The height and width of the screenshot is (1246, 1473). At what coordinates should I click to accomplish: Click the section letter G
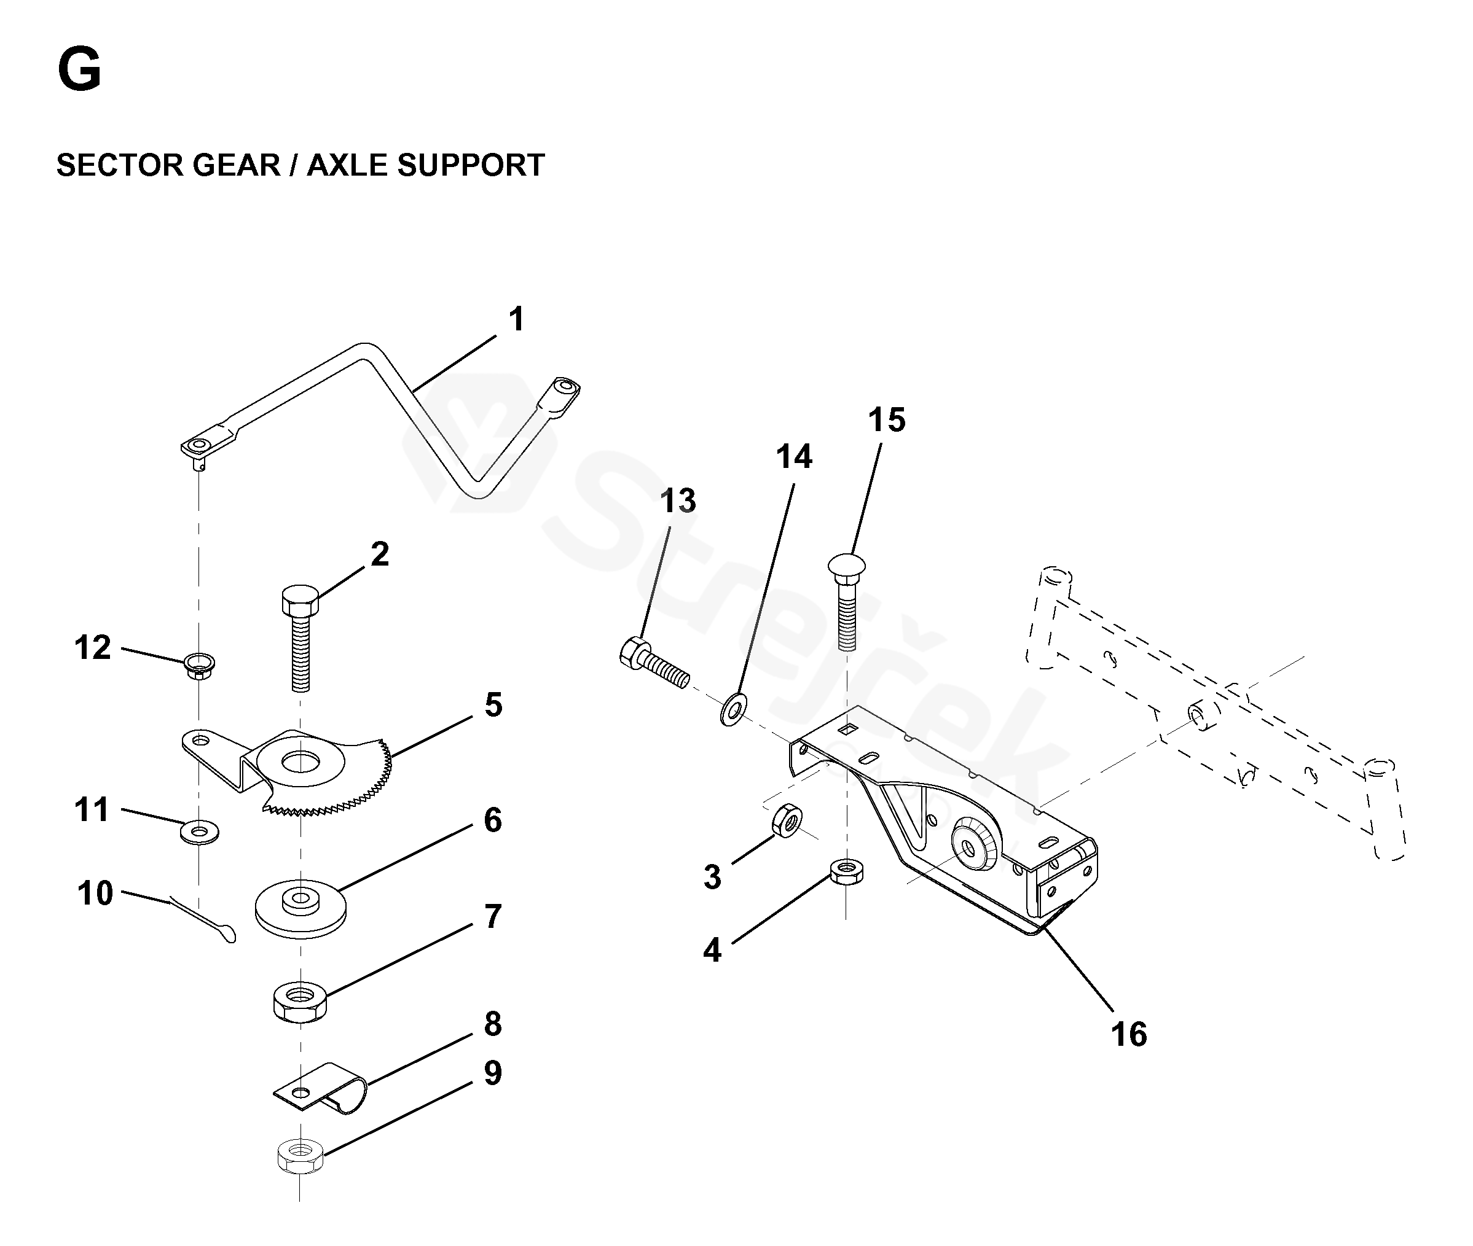[79, 70]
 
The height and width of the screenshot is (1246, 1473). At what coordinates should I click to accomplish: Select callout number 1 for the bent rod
[517, 319]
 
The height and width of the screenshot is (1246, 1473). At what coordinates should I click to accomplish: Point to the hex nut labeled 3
[787, 820]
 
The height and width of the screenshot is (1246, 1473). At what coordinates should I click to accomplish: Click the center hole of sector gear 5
[300, 762]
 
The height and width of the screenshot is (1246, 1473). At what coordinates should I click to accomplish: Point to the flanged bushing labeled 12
[199, 664]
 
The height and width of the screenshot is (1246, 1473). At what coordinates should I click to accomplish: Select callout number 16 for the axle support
[1128, 1034]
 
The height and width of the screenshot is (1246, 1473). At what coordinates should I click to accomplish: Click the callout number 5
[493, 705]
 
